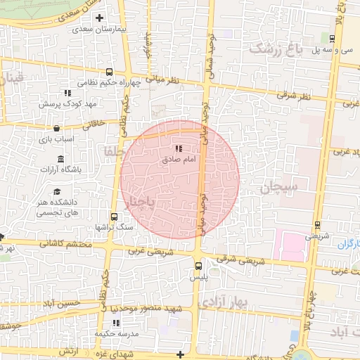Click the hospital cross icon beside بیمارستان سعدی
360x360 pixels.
[99, 18]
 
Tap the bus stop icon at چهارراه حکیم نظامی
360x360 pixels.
[109, 72]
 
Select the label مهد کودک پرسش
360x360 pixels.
[72, 103]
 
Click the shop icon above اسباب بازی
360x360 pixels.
[56, 129]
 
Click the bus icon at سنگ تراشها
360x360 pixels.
[114, 217]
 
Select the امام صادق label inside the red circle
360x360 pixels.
[179, 161]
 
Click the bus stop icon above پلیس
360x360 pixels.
[198, 265]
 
